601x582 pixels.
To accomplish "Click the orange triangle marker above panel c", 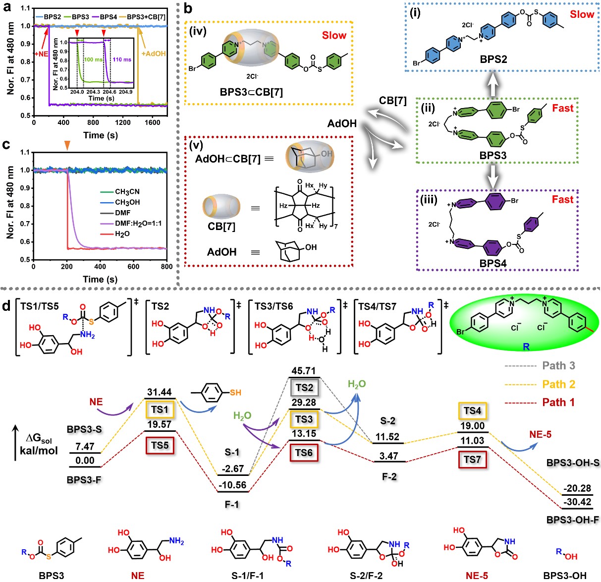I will click(x=67, y=144).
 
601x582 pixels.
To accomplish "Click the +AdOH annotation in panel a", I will click(x=153, y=54).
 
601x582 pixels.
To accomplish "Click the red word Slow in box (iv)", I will click(x=334, y=35).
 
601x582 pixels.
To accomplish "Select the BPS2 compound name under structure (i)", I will click(x=493, y=59).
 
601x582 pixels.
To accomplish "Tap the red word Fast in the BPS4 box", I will click(x=562, y=199).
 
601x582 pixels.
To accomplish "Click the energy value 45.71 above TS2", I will click(x=303, y=371).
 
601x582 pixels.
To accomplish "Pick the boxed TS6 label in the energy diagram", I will click(x=304, y=453).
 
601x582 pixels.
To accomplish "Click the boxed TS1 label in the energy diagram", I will click(x=160, y=409).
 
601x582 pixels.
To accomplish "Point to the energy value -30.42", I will click(x=577, y=502).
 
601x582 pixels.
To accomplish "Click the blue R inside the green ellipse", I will click(x=526, y=346).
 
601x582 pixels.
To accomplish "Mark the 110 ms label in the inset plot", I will click(x=122, y=59).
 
